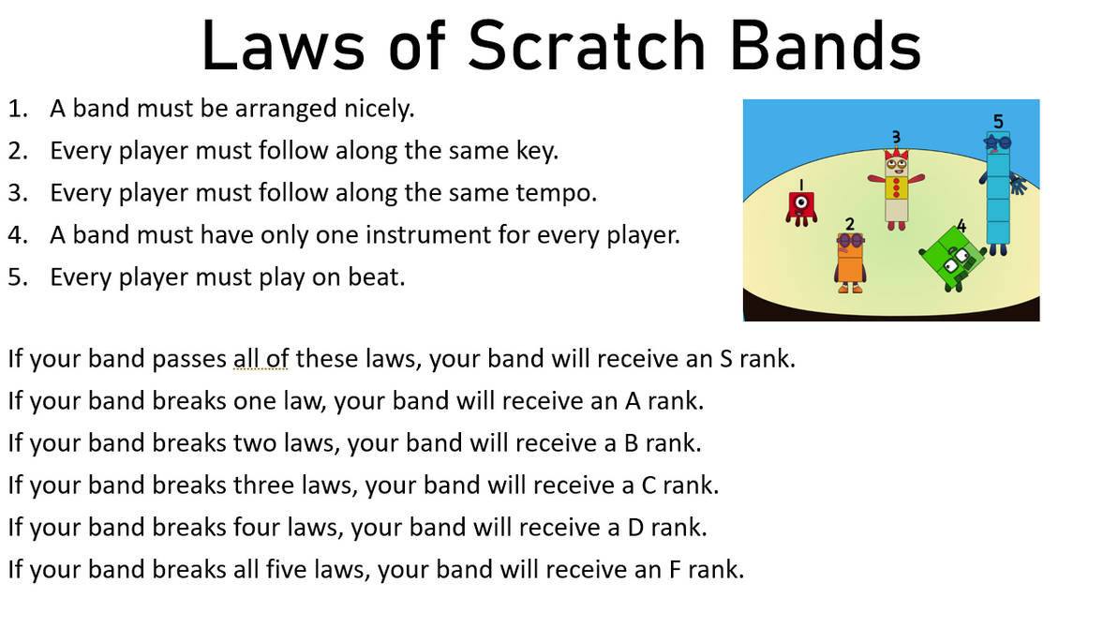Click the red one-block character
coord(800,204)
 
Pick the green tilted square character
coord(952,257)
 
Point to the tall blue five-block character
coord(997,192)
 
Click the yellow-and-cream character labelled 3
coord(897,185)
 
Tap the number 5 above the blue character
coord(998,121)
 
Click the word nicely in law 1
coord(378,109)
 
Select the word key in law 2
coord(537,151)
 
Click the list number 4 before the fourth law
coord(15,235)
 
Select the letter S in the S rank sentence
coord(725,358)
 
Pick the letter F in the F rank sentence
coord(669,569)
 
